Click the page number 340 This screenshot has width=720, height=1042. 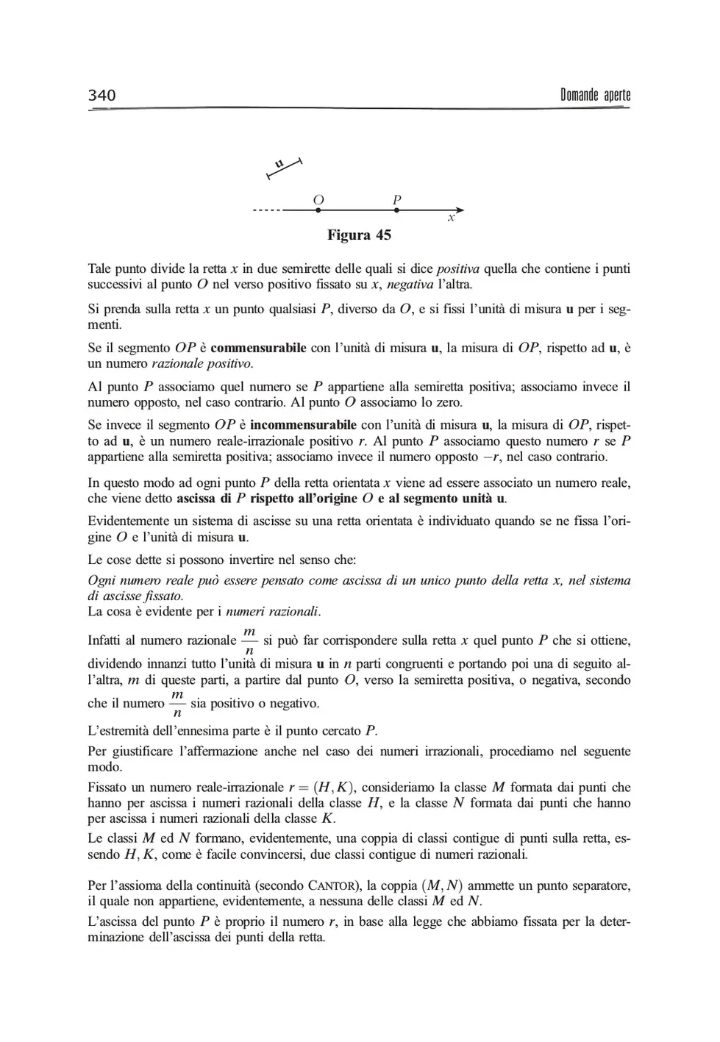coord(101,95)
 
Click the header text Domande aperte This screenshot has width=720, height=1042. coord(595,95)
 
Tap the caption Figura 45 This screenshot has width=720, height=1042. coord(359,235)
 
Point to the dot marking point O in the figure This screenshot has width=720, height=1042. coord(318,210)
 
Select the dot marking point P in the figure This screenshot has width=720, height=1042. coord(396,210)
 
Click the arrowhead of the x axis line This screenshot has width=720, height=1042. coord(459,210)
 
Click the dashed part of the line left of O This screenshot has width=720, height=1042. coord(266,210)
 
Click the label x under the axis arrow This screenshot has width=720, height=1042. coord(452,218)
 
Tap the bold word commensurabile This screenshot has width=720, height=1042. coord(258,348)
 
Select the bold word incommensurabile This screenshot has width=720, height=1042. coord(303,425)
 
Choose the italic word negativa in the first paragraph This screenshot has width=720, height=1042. coord(410,285)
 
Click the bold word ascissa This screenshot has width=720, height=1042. coord(196,499)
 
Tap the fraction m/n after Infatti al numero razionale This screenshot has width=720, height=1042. coord(249,640)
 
